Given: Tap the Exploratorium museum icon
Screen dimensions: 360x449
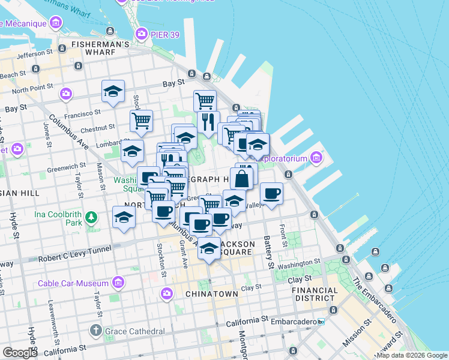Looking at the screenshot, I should coord(316,158).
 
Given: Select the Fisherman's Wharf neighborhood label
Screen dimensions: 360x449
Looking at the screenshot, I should coord(100,44).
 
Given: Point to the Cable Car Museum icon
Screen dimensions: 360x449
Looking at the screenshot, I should coord(118,283).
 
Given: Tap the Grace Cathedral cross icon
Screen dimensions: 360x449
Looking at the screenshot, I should coord(95,331).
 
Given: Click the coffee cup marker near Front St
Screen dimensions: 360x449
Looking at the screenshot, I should coord(271,193).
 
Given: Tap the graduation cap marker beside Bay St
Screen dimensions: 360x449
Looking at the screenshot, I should coord(113,91).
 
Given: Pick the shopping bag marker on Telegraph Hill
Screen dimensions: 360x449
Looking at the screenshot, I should coord(241,179).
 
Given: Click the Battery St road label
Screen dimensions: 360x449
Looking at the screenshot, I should coord(268,252).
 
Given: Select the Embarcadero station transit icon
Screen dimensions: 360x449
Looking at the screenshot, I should coord(321,322).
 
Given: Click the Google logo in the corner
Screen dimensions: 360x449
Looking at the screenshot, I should coord(20,352).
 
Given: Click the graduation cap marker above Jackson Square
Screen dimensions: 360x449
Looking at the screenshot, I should coord(209,248).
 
